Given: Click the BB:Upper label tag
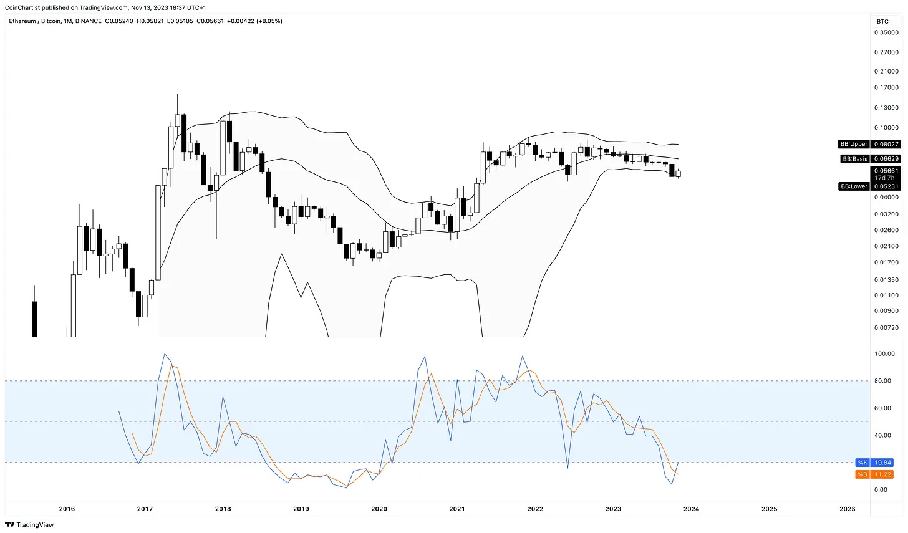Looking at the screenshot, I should pos(854,144).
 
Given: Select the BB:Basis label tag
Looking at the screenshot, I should pos(854,159).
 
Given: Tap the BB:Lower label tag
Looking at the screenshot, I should pos(854,186).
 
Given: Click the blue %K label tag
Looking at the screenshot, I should pos(862,463).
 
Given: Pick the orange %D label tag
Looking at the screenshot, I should pos(862,474).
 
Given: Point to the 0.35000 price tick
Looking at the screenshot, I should pos(886,32).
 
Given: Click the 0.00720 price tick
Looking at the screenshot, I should pos(886,327).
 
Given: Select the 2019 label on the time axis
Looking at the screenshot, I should pos(301,509).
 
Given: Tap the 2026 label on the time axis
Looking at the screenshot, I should pos(847,509).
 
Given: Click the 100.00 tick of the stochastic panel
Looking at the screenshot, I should pos(884,353).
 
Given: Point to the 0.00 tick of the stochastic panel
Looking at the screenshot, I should pos(881,489).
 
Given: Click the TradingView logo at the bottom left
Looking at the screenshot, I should pos(29,525).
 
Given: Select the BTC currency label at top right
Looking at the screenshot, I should pos(882,21).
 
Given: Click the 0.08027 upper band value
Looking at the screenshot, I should pos(886,144).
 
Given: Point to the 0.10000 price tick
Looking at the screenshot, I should pos(886,128).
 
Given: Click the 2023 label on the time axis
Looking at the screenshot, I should pos(613,509).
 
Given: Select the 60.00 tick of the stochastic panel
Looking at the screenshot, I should pos(883,408).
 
